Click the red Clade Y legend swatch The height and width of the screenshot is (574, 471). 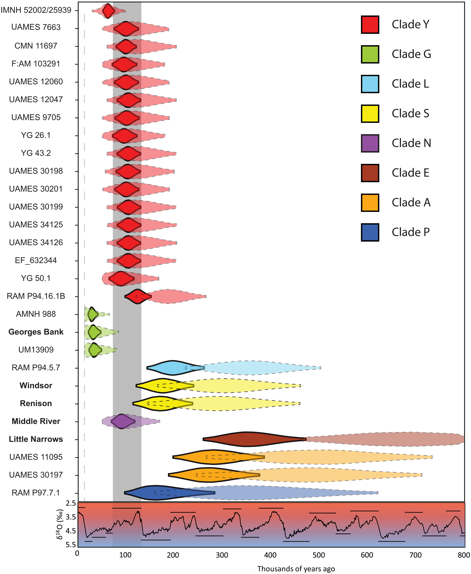pyautogui.click(x=370, y=25)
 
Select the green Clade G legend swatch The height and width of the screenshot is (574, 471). pyautogui.click(x=370, y=54)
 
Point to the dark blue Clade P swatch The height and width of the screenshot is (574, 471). pyautogui.click(x=370, y=232)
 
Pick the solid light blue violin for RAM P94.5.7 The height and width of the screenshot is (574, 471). pyautogui.click(x=174, y=368)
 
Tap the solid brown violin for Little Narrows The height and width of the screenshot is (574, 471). pyautogui.click(x=250, y=439)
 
